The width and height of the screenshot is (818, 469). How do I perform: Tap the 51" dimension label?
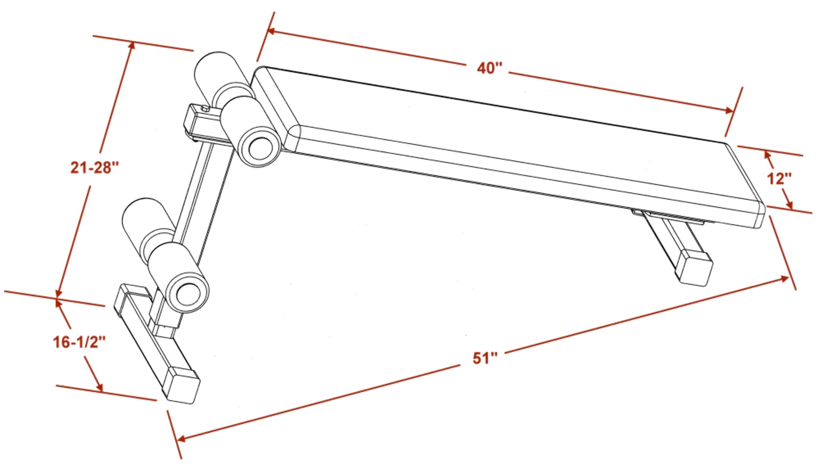point(485,358)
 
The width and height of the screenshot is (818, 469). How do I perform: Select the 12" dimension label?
point(780,179)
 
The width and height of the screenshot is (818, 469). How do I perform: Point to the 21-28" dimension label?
point(95,168)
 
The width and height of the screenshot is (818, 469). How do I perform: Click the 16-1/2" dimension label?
point(79,342)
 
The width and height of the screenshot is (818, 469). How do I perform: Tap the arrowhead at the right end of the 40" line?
point(729,111)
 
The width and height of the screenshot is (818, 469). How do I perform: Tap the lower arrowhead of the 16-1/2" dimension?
point(100,387)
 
